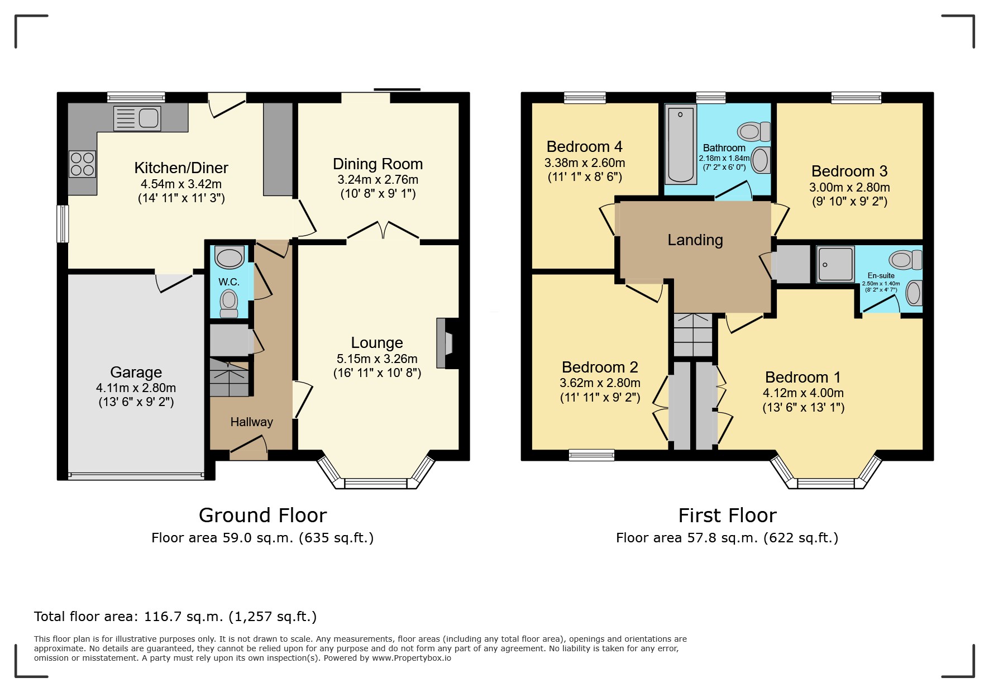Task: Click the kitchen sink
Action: pyautogui.click(x=137, y=118)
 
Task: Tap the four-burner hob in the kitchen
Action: pyautogui.click(x=82, y=164)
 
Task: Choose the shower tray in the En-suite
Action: pyautogui.click(x=835, y=264)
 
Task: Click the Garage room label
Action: pyautogui.click(x=136, y=372)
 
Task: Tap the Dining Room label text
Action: pyautogui.click(x=378, y=164)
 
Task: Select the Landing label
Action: pyautogui.click(x=695, y=240)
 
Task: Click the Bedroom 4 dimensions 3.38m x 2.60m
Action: pyautogui.click(x=585, y=163)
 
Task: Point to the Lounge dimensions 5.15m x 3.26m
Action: pyautogui.click(x=377, y=359)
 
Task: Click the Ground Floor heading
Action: pyautogui.click(x=262, y=515)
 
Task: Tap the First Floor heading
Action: pyautogui.click(x=727, y=515)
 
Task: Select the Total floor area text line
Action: pyautogui.click(x=175, y=617)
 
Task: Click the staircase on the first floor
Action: pyautogui.click(x=693, y=335)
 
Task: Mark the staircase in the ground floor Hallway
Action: pyautogui.click(x=229, y=378)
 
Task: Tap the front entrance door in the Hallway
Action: pyautogui.click(x=249, y=448)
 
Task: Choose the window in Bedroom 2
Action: pyautogui.click(x=591, y=455)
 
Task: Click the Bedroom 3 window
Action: pyautogui.click(x=856, y=98)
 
